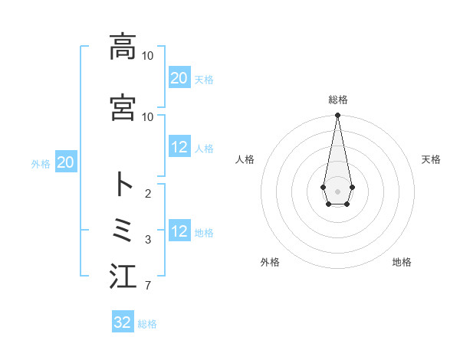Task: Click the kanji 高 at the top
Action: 123,47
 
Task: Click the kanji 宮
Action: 123,107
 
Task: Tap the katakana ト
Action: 123,185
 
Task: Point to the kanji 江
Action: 123,277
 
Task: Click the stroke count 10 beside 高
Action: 147,56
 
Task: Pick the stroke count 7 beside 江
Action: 147,286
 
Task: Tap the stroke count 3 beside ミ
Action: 147,240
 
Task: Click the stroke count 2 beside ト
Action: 147,194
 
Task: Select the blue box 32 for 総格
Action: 123,322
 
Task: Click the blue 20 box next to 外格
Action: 65,162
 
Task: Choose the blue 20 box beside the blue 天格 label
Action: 179,77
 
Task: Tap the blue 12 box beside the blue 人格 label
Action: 179,148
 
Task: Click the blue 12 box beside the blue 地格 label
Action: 179,232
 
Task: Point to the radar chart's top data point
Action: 337,116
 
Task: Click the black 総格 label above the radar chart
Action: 337,100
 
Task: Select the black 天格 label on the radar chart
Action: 431,159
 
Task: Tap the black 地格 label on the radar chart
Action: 402,262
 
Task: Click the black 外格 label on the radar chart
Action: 270,262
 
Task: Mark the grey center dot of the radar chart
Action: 337,190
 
